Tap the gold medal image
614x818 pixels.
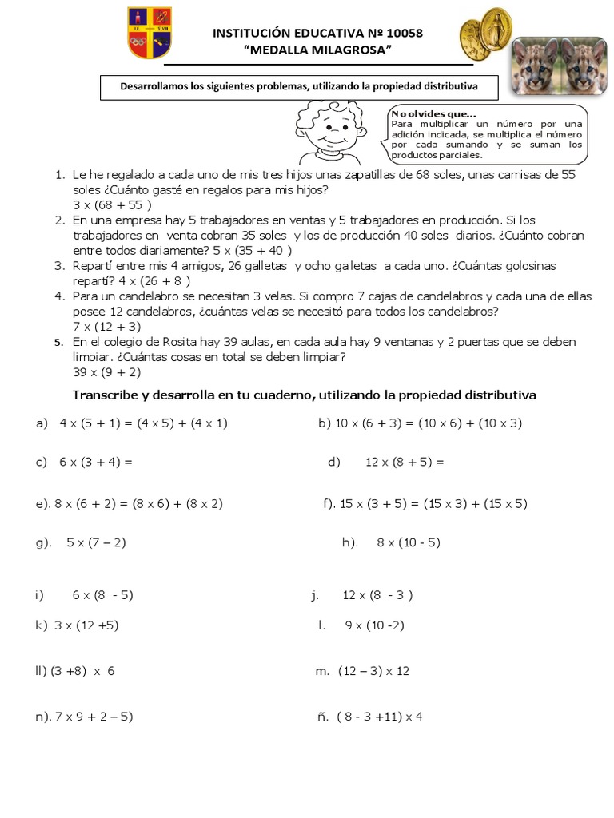[485, 34]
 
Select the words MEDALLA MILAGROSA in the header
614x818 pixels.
[317, 51]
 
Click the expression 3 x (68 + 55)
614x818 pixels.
[112, 204]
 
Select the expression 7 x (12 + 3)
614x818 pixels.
[106, 326]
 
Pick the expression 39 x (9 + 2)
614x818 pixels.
[106, 371]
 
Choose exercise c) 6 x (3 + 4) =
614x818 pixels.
[84, 462]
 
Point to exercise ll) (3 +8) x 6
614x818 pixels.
[75, 671]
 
